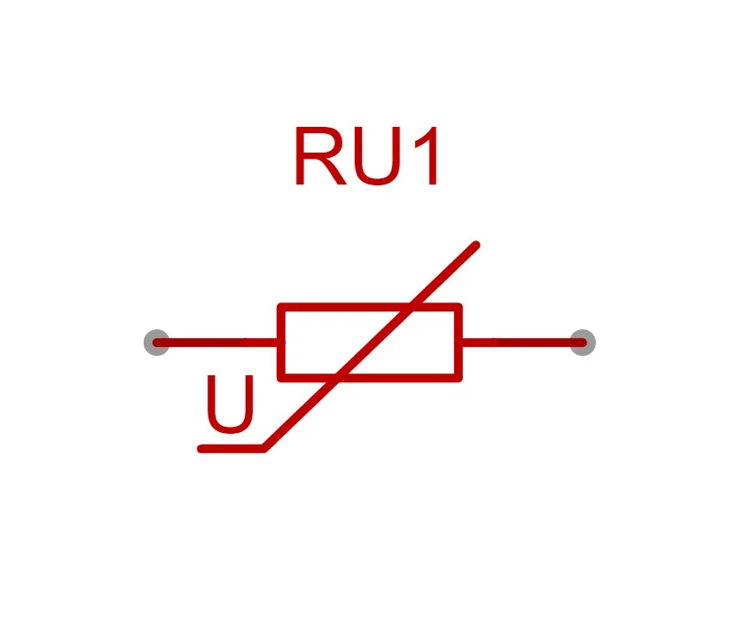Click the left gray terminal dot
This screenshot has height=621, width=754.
(x=157, y=342)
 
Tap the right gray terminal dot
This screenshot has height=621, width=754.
(x=582, y=342)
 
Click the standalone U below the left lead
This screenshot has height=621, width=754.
(x=230, y=405)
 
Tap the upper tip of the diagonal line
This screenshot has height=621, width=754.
(x=476, y=244)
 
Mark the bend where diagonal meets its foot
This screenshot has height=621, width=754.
(x=264, y=449)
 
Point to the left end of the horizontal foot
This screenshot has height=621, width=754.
(x=201, y=449)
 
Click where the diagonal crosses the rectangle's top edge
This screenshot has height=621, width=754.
(x=411, y=307)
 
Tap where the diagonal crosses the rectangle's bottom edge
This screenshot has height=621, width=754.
(x=337, y=378)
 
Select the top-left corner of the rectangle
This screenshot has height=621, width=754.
(x=281, y=307)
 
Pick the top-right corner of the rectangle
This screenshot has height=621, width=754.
(x=459, y=307)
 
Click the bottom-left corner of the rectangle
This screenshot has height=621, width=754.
(x=281, y=378)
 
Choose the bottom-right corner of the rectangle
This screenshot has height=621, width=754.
(x=459, y=378)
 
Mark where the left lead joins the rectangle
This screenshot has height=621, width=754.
(x=280, y=342)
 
